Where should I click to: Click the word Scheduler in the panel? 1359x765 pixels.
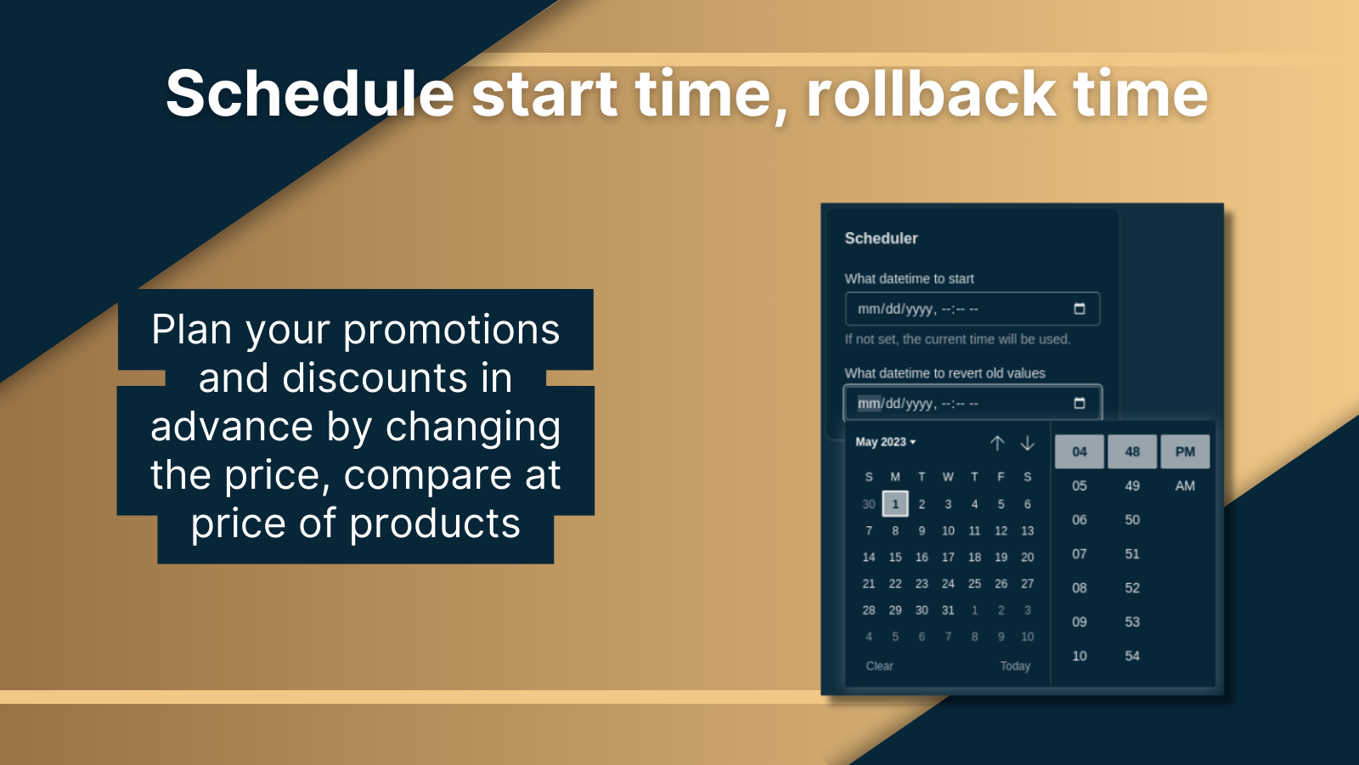point(881,239)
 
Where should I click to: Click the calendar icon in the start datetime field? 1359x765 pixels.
point(1079,309)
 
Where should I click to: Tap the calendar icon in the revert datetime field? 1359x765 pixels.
point(1079,403)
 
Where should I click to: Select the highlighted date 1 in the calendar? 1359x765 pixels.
point(895,504)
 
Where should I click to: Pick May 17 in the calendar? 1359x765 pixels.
point(948,558)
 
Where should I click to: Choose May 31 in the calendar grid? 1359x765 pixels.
point(948,610)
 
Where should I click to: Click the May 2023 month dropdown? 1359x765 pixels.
point(885,442)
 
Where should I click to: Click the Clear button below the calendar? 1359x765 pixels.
point(879,666)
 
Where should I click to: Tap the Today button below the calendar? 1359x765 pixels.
point(1015,666)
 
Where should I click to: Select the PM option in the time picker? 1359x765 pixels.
point(1185,452)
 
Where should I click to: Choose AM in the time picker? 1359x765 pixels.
point(1185,486)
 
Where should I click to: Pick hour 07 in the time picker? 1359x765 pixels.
point(1079,554)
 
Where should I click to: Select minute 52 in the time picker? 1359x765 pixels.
point(1132,588)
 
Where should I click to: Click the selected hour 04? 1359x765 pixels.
point(1079,452)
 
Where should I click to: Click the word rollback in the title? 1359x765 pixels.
point(931,93)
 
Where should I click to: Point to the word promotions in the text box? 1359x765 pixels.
point(451,330)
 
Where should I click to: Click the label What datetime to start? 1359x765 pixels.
point(909,279)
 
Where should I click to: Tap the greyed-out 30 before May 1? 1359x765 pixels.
point(868,504)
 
